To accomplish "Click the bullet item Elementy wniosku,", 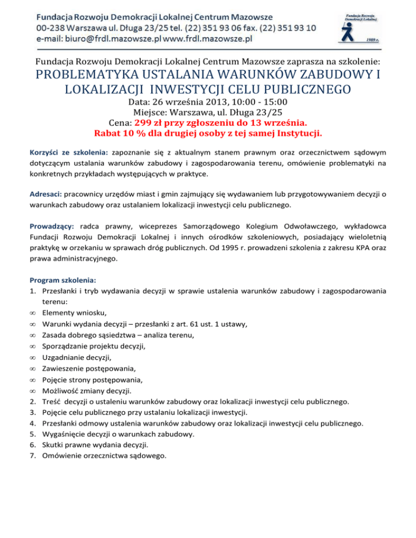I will coord(72,312).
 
